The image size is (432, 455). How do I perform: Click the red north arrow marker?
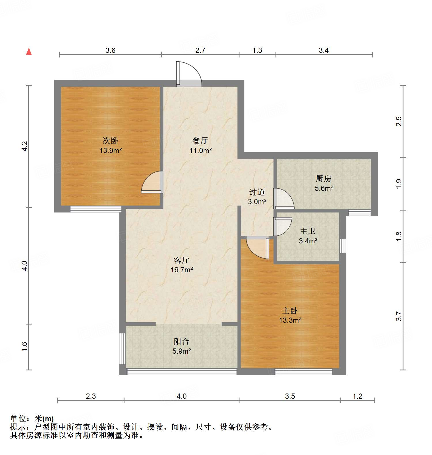click(29, 52)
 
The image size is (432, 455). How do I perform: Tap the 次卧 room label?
click(110, 141)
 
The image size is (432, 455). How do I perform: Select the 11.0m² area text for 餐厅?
click(201, 150)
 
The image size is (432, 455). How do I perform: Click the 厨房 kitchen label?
click(323, 179)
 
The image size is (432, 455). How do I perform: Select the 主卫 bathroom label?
click(308, 231)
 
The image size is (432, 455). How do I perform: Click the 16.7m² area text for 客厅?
click(182, 270)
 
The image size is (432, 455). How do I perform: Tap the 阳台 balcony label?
click(182, 342)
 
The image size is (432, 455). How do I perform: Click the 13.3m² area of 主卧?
click(290, 320)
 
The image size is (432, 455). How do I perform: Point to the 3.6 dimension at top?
click(110, 51)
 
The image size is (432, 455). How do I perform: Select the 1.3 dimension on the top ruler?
click(257, 51)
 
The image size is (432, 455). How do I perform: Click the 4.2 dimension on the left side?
click(24, 146)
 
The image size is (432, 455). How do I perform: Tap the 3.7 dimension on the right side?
click(399, 316)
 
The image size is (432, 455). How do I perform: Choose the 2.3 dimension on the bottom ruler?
click(91, 396)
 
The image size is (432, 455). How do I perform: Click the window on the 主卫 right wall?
click(342, 246)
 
